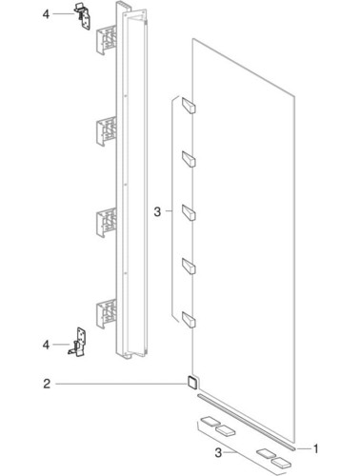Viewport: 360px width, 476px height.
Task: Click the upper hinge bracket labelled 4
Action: [x=83, y=16]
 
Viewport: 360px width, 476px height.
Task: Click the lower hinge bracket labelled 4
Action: [x=78, y=342]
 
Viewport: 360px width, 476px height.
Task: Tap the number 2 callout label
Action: [x=47, y=384]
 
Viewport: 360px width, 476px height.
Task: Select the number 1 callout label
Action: [x=315, y=448]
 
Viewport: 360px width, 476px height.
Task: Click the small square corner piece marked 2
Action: [x=191, y=382]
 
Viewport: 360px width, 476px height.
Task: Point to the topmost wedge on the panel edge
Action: [x=189, y=105]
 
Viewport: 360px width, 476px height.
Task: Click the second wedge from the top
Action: [x=189, y=159]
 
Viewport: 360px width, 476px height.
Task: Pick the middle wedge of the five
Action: [x=189, y=212]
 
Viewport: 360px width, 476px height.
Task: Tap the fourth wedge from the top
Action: [x=189, y=266]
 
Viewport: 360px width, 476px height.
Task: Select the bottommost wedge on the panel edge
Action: [x=189, y=319]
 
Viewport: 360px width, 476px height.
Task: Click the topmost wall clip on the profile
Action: [x=106, y=40]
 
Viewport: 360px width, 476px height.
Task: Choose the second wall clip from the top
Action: [x=106, y=131]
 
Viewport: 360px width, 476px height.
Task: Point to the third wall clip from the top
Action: [x=106, y=222]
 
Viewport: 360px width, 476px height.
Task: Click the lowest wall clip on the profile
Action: [x=106, y=313]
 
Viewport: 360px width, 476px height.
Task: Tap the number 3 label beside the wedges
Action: [x=157, y=211]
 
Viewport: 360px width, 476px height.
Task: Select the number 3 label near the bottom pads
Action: [x=218, y=453]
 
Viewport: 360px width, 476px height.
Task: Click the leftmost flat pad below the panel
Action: [x=210, y=422]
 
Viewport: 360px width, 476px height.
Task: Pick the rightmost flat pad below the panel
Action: [x=281, y=463]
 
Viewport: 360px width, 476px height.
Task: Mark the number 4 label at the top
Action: [x=47, y=14]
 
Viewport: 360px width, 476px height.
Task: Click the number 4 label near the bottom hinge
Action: [x=47, y=345]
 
